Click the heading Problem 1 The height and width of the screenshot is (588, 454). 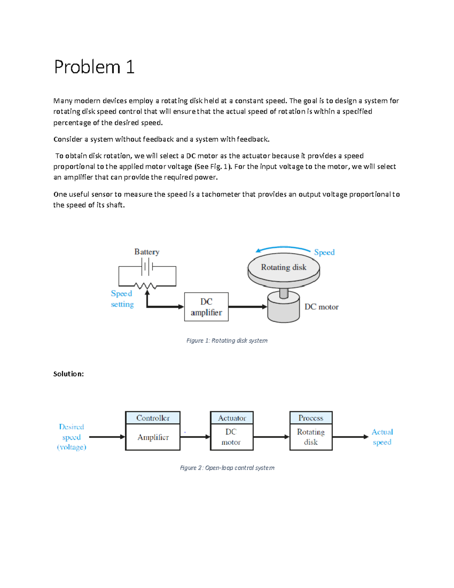coord(94,67)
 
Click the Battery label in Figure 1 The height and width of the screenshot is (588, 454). coord(147,252)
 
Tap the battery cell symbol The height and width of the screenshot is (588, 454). coord(147,267)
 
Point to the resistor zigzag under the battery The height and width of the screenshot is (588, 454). coord(146,286)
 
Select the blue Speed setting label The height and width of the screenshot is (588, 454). coord(122,299)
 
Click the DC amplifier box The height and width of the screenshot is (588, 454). coord(206,307)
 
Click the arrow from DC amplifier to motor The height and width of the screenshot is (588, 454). coord(247,307)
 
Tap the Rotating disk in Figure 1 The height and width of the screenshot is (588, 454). coord(283,268)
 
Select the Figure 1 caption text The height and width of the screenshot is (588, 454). coord(227,340)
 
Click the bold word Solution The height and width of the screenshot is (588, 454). coord(68,374)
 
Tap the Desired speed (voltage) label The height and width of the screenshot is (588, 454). coord(72,437)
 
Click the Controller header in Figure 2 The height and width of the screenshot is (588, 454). coord(153,418)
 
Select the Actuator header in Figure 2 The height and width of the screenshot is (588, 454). coord(232,418)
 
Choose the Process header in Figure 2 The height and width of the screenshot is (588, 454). coord(311,418)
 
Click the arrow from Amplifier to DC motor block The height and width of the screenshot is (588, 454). coord(195,437)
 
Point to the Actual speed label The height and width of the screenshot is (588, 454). coord(382,437)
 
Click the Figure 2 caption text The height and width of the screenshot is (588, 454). coord(227,468)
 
